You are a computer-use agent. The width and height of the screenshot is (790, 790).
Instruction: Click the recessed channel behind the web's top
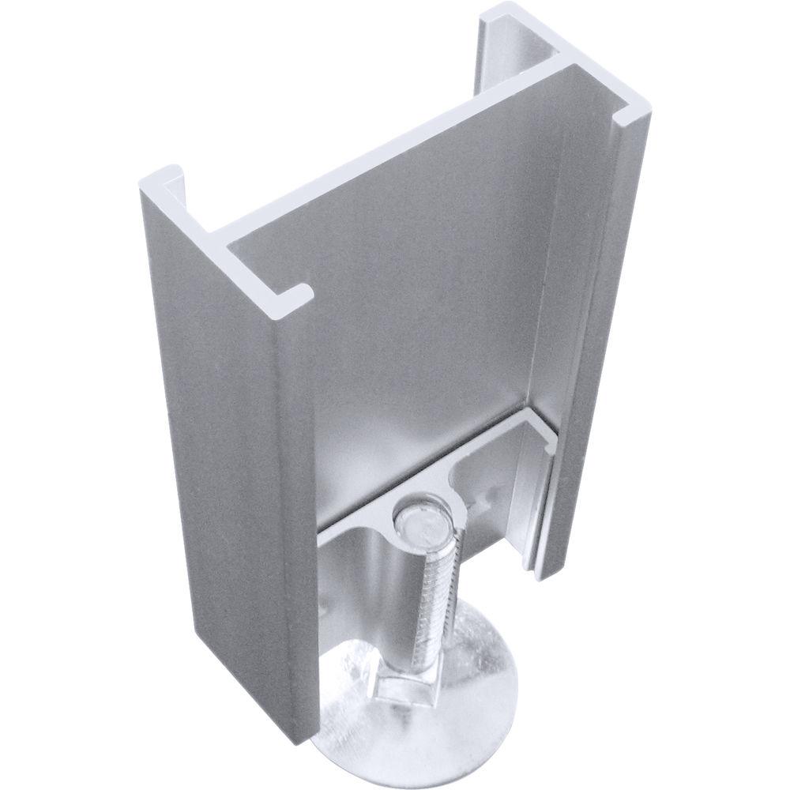coord(521,63)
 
